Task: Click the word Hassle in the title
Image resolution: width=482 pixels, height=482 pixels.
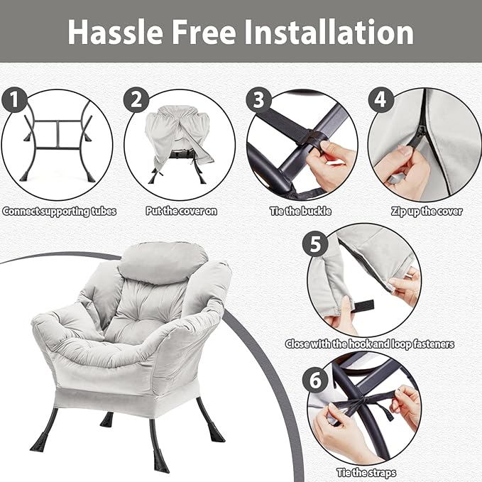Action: [x=115, y=32]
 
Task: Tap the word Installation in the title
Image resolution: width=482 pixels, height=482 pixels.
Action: [x=329, y=32]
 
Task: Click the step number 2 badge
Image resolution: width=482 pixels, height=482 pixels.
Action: [x=136, y=99]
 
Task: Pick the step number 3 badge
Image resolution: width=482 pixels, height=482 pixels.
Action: [x=258, y=99]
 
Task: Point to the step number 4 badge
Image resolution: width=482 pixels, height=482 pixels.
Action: [x=381, y=99]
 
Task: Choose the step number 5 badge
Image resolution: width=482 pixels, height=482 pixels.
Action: [x=315, y=244]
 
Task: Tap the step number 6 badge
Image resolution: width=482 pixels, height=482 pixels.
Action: [x=315, y=380]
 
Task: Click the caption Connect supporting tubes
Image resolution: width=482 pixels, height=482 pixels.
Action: [x=60, y=212]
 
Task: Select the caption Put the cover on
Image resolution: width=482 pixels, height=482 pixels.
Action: [x=181, y=211]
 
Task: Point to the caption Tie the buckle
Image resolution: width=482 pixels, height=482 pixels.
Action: [x=301, y=211]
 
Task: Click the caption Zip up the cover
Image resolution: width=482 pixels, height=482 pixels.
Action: [x=427, y=212]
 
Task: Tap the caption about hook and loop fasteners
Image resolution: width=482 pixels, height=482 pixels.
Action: [x=370, y=344]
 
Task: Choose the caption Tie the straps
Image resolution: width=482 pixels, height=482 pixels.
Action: [x=366, y=473]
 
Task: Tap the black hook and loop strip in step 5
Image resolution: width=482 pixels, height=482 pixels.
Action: [x=363, y=306]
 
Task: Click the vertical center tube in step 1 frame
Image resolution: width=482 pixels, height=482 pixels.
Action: [x=57, y=134]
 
